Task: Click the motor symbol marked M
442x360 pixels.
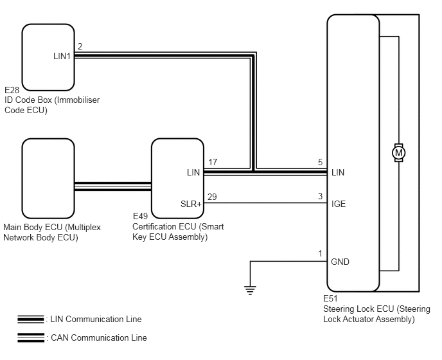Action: [x=398, y=152]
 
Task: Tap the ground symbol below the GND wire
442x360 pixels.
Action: [x=250, y=291]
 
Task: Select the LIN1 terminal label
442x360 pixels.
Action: [x=62, y=56]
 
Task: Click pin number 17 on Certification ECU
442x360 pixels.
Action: [x=213, y=162]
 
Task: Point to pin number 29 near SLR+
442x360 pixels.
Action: [x=212, y=197]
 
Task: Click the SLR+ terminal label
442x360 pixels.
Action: [x=191, y=204]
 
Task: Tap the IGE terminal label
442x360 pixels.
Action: [x=339, y=204]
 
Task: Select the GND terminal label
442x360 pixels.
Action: [x=340, y=262]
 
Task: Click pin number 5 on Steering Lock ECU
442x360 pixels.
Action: [x=320, y=162]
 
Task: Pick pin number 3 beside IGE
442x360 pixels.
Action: [x=320, y=196]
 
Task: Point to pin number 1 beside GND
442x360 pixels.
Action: [x=320, y=254]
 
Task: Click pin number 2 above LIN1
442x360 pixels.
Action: [x=80, y=46]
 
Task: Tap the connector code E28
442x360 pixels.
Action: [x=12, y=90]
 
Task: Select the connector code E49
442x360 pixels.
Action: [x=140, y=216]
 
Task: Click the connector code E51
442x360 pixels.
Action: [x=330, y=298]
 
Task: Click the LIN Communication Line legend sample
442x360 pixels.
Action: [x=31, y=319]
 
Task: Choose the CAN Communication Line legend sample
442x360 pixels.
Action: [x=31, y=337]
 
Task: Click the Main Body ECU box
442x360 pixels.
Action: [x=48, y=178]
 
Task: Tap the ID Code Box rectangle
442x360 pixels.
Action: [x=48, y=57]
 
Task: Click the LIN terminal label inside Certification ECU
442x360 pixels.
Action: [x=193, y=172]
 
